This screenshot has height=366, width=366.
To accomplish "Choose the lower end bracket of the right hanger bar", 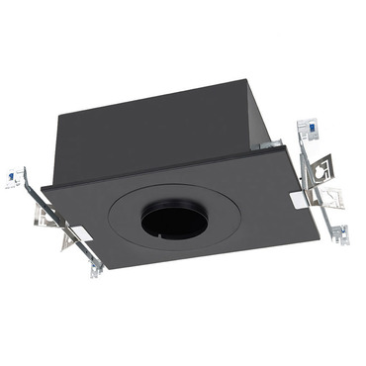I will (x=340, y=234).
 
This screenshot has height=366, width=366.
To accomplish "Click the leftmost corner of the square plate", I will (x=42, y=186).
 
